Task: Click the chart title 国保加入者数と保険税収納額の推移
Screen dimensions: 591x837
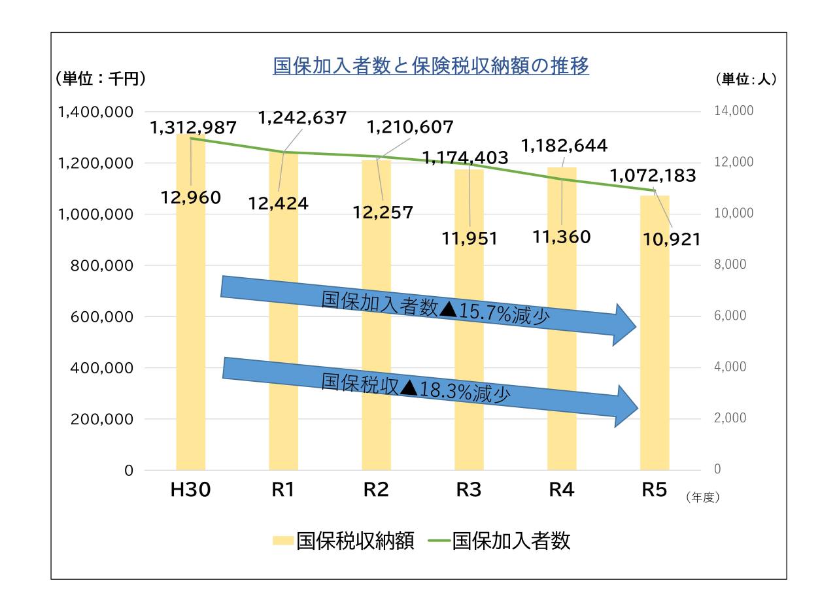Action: pos(431,67)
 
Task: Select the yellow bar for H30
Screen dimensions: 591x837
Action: pos(190,327)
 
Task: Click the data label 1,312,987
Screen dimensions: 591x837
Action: pos(194,128)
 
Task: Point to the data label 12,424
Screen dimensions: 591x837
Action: pos(278,203)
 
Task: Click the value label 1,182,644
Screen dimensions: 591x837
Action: pos(564,144)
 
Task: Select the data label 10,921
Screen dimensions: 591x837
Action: pos(670,240)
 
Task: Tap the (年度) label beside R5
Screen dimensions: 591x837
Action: pos(702,497)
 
